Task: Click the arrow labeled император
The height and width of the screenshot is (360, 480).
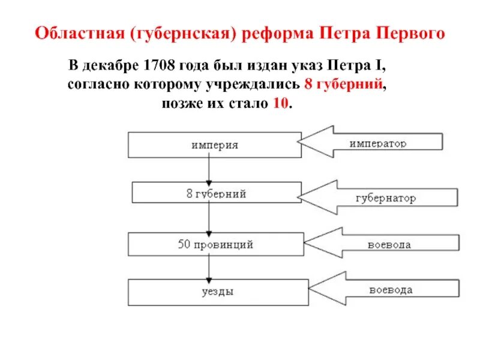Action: pyautogui.click(x=372, y=142)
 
